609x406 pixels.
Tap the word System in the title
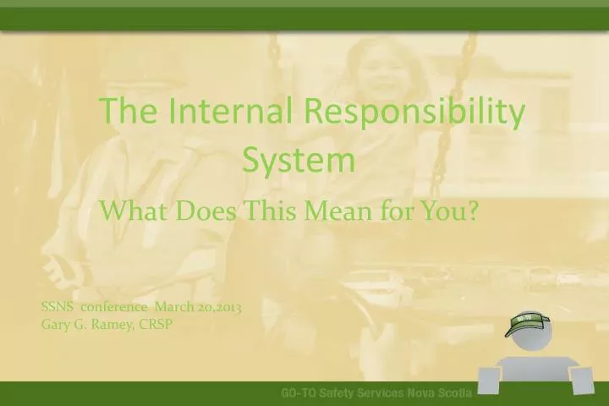click(299, 160)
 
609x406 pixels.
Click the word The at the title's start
click(128, 112)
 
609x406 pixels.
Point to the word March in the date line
click(172, 308)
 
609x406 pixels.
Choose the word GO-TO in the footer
click(299, 394)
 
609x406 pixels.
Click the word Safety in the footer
click(341, 394)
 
